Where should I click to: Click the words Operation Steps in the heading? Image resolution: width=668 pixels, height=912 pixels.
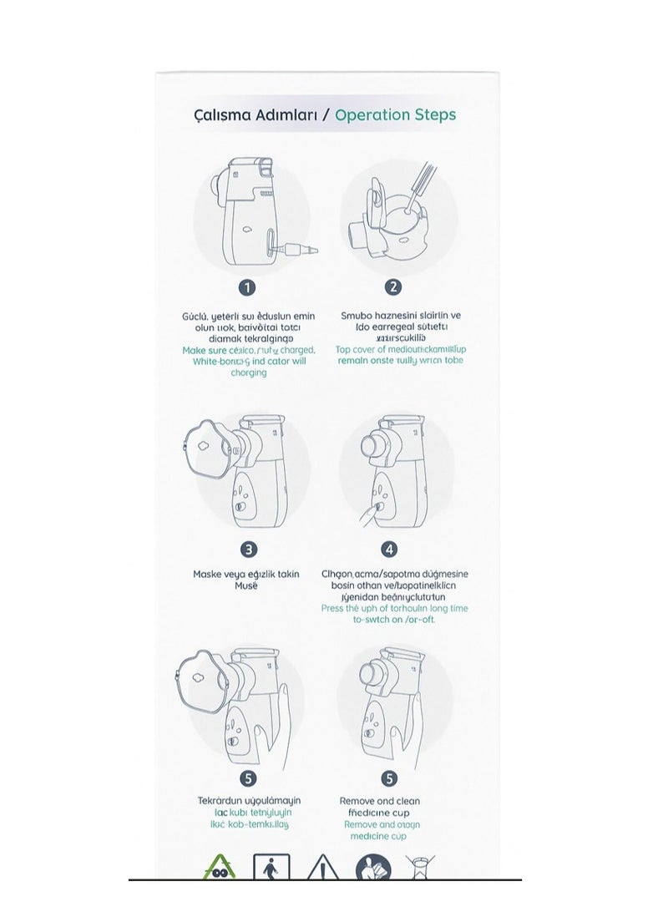pos(395,114)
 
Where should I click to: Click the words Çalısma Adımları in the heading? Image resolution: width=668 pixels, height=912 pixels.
pos(260,114)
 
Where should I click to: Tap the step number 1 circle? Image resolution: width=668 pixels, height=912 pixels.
pos(247,287)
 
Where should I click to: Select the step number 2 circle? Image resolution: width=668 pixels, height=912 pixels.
pos(392,287)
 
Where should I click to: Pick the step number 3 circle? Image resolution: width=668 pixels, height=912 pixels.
pos(247,549)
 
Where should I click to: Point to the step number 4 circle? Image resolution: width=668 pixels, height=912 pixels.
pos(390,549)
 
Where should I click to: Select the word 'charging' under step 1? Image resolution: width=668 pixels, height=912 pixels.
pos(248,372)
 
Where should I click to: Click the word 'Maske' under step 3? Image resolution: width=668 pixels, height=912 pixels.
pos(209,575)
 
